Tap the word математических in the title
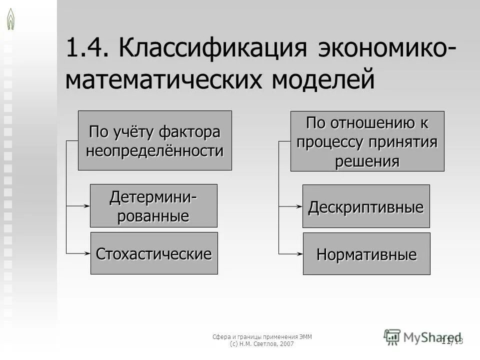point(164,80)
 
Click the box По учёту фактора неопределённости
point(155,140)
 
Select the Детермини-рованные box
point(153,205)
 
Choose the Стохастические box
point(154,253)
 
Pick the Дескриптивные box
point(366,206)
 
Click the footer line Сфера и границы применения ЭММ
point(262,336)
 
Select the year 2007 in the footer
point(286,344)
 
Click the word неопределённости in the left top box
point(155,150)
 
